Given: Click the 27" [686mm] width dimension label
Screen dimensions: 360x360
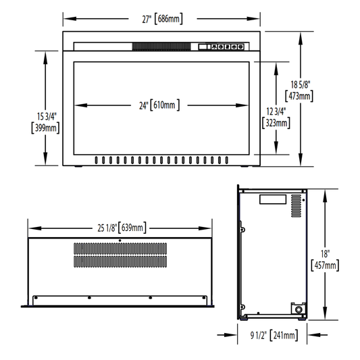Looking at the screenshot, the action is pyautogui.click(x=162, y=19).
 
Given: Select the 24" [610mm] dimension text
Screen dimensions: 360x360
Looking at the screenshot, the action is pyautogui.click(x=159, y=105).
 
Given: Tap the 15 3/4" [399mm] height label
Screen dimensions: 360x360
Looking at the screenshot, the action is pyautogui.click(x=45, y=122).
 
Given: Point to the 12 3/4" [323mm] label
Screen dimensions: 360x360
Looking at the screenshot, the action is pyautogui.click(x=276, y=118).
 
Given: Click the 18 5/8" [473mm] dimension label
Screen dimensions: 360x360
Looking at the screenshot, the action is pyautogui.click(x=299, y=91).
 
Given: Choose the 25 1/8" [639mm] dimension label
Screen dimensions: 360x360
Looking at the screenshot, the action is pyautogui.click(x=122, y=228).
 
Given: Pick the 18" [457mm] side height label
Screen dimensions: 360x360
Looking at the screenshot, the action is pyautogui.click(x=325, y=260).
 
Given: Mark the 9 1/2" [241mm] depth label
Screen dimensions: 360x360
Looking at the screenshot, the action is pyautogui.click(x=274, y=336).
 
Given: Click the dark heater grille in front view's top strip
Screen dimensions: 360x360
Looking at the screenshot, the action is pyautogui.click(x=161, y=47).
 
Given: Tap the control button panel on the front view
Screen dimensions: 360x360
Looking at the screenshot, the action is pyautogui.click(x=221, y=47).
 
